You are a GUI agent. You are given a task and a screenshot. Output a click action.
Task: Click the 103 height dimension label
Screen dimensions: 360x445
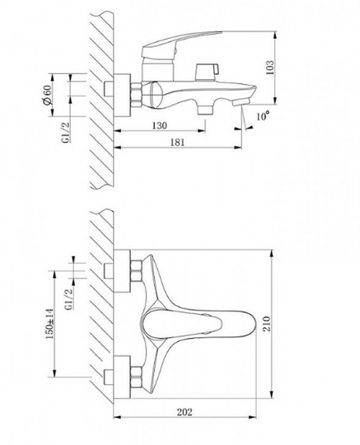point(270,68)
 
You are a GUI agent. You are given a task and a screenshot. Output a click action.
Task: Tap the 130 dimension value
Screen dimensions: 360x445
point(160,125)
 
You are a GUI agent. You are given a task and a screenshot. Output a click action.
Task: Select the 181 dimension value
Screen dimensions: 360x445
point(177,142)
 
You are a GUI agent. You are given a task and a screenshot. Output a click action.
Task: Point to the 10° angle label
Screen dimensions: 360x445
point(263,116)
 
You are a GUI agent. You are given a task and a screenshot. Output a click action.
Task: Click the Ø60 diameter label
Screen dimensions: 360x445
point(47,95)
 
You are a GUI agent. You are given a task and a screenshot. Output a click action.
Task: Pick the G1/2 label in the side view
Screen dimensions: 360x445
point(67,132)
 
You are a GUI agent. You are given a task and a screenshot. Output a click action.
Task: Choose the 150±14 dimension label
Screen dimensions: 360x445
point(49,324)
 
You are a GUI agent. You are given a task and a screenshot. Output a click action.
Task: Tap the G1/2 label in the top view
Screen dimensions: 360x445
point(68,299)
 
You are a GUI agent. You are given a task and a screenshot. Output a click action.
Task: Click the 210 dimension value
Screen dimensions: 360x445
point(267,324)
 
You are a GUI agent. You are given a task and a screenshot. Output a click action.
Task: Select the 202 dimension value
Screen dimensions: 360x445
point(185,412)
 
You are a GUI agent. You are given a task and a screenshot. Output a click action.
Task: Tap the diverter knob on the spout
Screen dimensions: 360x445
point(207,73)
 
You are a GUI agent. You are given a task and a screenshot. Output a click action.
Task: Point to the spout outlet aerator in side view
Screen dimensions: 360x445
point(240,102)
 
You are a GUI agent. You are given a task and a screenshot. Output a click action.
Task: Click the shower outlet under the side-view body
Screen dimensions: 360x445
point(205,110)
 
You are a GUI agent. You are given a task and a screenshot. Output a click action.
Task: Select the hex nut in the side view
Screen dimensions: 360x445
point(136,95)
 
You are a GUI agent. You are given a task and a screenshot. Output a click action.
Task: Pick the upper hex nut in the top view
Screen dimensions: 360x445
point(136,272)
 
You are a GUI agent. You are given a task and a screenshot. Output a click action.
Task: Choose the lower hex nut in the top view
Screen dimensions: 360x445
point(136,377)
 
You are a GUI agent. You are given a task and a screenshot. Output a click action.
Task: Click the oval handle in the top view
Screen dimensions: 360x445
point(182,324)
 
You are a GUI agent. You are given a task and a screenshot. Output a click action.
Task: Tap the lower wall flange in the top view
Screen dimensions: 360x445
point(122,377)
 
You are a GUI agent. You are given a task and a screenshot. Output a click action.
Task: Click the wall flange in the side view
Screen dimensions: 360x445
point(122,95)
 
